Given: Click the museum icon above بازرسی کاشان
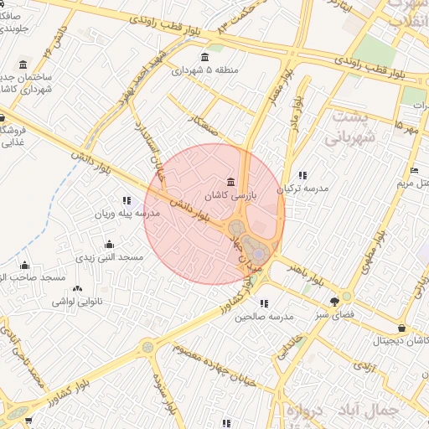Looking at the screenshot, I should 230,183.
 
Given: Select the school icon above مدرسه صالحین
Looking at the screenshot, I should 264,304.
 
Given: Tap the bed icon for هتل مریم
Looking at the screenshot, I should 414,171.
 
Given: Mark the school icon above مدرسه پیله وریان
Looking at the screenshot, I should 126,201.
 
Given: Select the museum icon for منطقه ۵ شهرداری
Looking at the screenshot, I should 204,58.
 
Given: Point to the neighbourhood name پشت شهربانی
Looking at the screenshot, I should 352,127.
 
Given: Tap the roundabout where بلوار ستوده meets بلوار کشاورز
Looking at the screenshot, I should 148,345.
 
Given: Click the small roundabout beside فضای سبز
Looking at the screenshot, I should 347,296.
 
